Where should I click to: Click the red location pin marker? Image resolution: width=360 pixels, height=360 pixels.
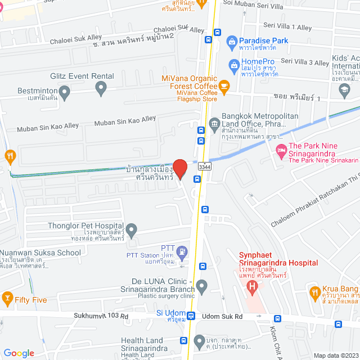click(179, 168)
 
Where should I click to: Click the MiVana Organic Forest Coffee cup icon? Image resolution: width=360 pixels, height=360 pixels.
click(224, 85)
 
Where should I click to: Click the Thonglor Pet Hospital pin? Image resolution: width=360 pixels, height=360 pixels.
click(131, 229)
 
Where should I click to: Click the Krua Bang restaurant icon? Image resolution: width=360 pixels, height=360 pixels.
click(315, 291)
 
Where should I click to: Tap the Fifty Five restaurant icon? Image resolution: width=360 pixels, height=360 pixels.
click(8, 296)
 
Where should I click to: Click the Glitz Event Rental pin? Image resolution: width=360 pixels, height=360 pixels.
click(101, 87)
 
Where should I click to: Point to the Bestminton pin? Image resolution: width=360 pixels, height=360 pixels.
click(64, 91)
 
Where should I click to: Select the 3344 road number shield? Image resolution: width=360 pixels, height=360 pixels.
click(205, 166)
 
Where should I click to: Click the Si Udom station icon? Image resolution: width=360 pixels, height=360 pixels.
click(191, 316)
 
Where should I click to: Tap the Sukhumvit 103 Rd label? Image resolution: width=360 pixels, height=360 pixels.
click(101, 317)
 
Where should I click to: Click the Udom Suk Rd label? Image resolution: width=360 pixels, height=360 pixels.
click(222, 317)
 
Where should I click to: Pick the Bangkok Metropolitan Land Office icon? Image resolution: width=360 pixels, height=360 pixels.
click(214, 123)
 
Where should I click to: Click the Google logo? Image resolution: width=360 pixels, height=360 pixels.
click(19, 353)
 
